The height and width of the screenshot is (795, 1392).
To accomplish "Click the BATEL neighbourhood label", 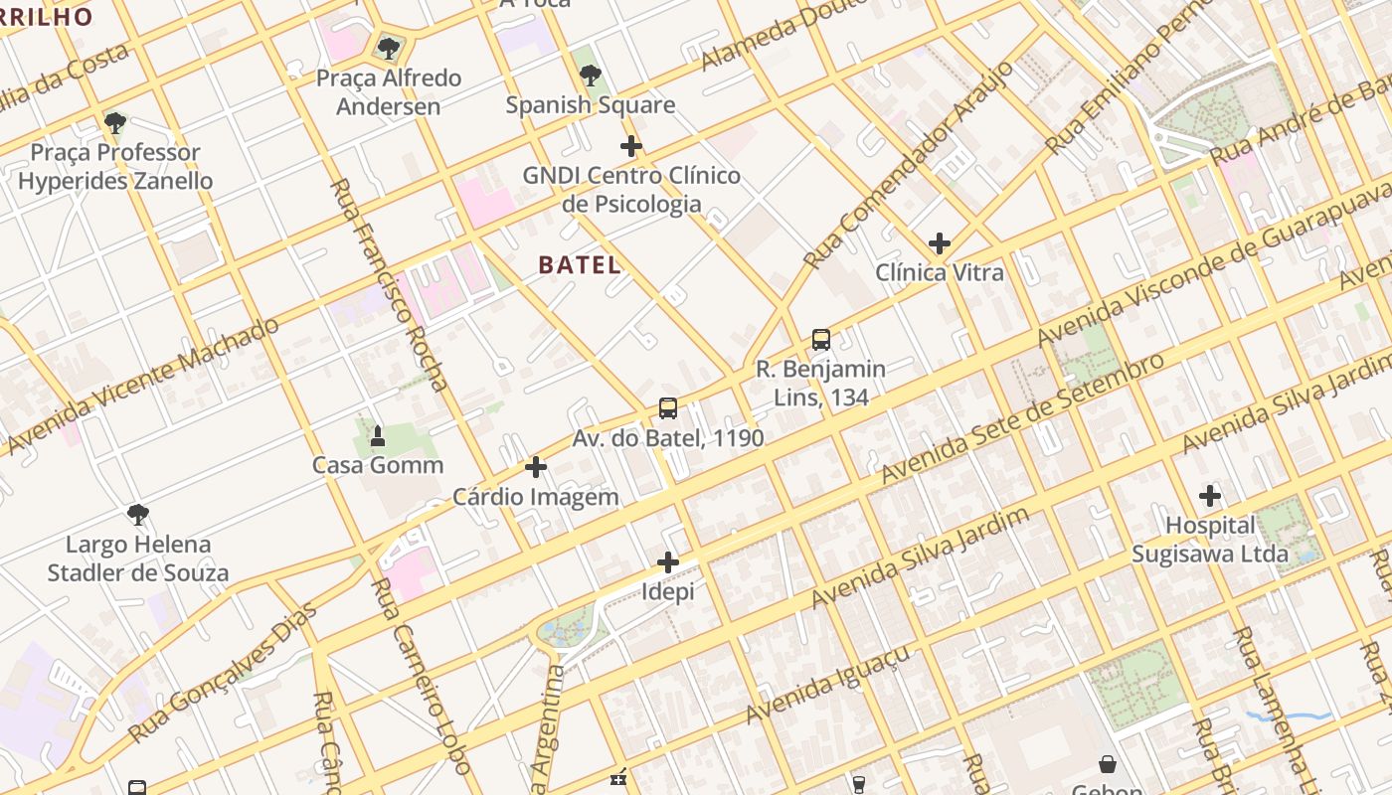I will (x=580, y=265).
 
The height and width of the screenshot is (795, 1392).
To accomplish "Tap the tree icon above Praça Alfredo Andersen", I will (x=388, y=48).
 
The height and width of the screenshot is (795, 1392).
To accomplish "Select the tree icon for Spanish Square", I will (x=591, y=76).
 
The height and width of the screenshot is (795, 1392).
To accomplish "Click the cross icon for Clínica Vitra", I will (x=939, y=243).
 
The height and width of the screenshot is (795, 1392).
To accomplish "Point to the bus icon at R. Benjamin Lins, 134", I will (x=820, y=340).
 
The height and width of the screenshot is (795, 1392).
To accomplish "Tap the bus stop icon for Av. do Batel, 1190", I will (x=668, y=408).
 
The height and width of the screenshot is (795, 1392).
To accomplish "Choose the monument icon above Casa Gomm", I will (x=378, y=436).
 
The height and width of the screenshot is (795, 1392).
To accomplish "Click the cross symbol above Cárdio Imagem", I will (x=536, y=467).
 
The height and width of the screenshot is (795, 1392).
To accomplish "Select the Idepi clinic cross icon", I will (x=668, y=563).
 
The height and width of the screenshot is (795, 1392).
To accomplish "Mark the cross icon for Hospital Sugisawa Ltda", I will (x=1210, y=495).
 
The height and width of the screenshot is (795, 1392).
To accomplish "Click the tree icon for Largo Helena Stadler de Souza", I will (x=138, y=515).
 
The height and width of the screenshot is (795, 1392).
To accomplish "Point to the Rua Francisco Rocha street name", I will (x=389, y=284).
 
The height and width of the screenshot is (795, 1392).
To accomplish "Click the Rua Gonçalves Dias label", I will (x=223, y=673).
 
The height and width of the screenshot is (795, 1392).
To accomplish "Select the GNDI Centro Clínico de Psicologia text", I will (x=631, y=190).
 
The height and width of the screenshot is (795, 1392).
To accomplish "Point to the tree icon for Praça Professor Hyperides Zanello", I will (x=115, y=123).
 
